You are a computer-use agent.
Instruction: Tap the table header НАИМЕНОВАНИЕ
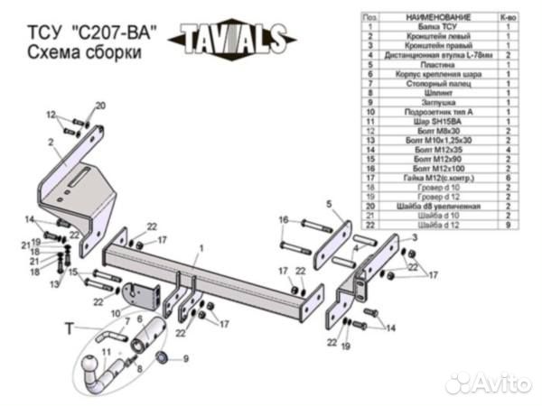coord(439,17)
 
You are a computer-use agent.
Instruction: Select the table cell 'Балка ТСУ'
coord(439,27)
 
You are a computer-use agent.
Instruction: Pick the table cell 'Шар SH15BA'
coord(439,120)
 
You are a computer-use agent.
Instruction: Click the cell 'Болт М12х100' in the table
coord(439,169)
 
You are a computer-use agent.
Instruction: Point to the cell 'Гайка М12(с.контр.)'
coord(439,178)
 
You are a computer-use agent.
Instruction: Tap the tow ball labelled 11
coord(94,371)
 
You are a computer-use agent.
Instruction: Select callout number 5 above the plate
coord(330,204)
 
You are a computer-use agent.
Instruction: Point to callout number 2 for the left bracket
coord(51,142)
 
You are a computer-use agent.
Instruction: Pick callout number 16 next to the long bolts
coord(283,220)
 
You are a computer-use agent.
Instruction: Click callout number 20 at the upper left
coord(99,106)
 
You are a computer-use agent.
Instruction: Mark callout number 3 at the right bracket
coord(414,236)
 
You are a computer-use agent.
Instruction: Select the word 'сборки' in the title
coord(113,53)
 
